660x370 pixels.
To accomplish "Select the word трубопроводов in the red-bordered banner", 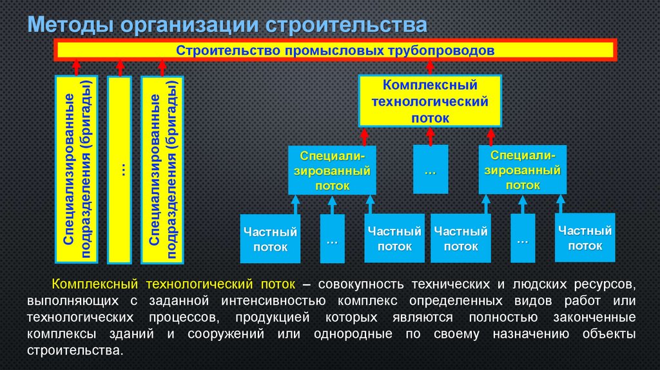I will coord(443,50).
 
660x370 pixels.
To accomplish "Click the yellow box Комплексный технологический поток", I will coord(429,101).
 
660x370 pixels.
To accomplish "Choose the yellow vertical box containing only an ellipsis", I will coord(119,170).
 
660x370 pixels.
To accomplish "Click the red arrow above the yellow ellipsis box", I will coord(119,67).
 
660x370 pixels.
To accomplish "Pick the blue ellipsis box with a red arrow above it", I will coord(430,169).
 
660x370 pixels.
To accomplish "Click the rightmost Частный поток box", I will coord(585,238).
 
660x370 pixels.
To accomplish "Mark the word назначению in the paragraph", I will coord(527,334).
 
